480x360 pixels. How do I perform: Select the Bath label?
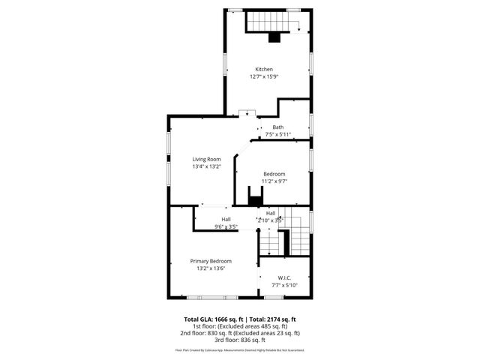click(277, 127)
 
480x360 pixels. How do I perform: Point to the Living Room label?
click(206, 159)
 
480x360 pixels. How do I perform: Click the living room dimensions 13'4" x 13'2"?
click(206, 166)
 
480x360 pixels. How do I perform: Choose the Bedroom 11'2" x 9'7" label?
click(274, 174)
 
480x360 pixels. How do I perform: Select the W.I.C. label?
click(283, 278)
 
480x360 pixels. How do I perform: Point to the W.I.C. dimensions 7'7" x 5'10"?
click(283, 286)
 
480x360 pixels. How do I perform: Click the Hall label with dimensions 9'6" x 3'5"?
click(226, 219)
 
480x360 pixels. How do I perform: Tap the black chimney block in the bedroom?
click(256, 199)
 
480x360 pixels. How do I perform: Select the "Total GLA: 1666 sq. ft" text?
click(213, 319)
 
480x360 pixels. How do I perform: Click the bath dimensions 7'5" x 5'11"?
click(277, 135)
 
